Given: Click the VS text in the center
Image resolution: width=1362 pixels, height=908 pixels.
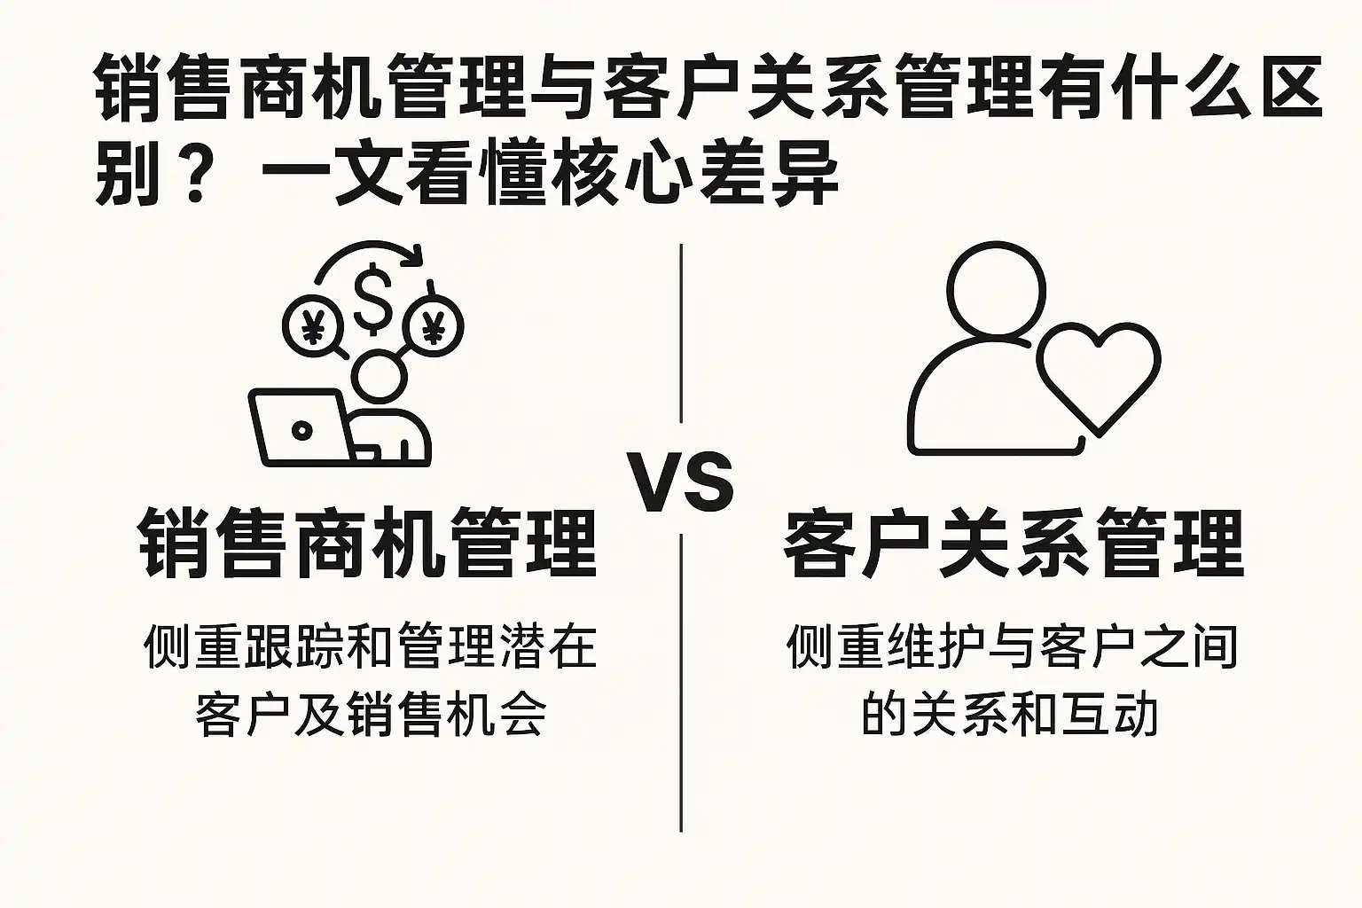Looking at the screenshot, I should point(681,483).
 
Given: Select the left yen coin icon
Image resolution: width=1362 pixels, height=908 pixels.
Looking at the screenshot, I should point(311,326).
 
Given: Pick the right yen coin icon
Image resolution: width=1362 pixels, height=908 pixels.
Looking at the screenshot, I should point(434,326).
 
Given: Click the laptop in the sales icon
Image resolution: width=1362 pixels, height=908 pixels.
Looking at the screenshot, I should point(301,427).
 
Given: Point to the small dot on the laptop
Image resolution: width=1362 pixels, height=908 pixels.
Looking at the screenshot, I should point(302,430).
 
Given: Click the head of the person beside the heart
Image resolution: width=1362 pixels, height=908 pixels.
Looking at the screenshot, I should point(996,289).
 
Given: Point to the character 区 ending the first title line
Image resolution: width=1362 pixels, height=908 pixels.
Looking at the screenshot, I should point(1291,89).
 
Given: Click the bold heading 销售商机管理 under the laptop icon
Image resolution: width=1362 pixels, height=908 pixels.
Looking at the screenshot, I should point(367,543).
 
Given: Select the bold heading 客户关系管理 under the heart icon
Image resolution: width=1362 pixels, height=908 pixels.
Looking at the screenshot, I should point(1013,543).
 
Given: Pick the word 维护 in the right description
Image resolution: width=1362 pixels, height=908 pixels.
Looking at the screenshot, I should point(935,646).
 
